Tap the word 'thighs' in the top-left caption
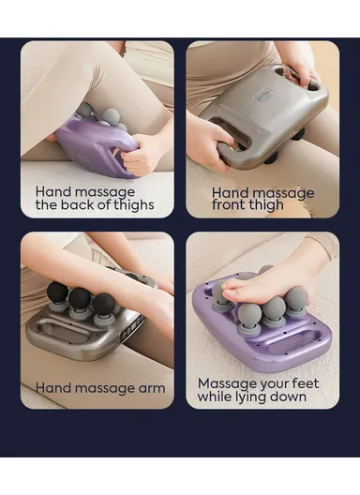[x=135, y=203]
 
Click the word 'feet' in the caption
[x=302, y=382]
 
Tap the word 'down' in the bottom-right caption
[x=292, y=397]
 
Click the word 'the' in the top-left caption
[x=48, y=203]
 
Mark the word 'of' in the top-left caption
[x=105, y=203]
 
